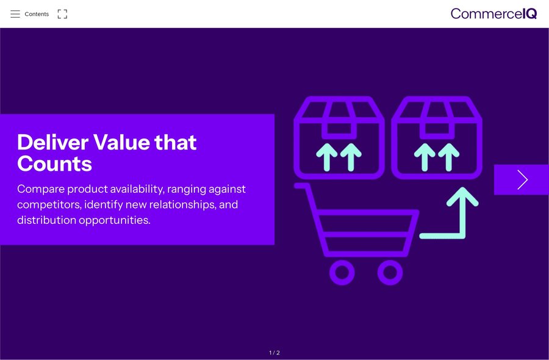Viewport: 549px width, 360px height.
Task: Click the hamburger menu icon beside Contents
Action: (x=15, y=14)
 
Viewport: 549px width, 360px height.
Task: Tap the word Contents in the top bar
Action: (x=37, y=14)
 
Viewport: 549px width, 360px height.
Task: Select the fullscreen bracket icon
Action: (x=62, y=14)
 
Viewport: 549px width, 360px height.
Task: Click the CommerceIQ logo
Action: (x=493, y=13)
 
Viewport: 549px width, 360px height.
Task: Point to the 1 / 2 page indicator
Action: (x=274, y=353)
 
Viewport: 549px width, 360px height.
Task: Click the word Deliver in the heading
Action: (x=52, y=142)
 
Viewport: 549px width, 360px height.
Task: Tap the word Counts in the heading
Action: (x=55, y=164)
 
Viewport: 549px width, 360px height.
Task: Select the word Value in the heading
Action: (x=121, y=142)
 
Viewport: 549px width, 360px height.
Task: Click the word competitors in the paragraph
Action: (x=49, y=204)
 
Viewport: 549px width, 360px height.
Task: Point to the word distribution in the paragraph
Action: (x=46, y=220)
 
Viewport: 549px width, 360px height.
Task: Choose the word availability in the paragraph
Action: (x=137, y=189)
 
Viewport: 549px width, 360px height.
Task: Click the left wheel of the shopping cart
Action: (x=342, y=273)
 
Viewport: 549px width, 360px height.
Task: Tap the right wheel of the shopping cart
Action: (x=390, y=273)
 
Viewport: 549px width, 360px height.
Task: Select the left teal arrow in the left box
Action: (x=327, y=157)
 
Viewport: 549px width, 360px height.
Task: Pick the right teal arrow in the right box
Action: (x=448, y=157)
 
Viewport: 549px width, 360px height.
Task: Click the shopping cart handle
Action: (x=303, y=185)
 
